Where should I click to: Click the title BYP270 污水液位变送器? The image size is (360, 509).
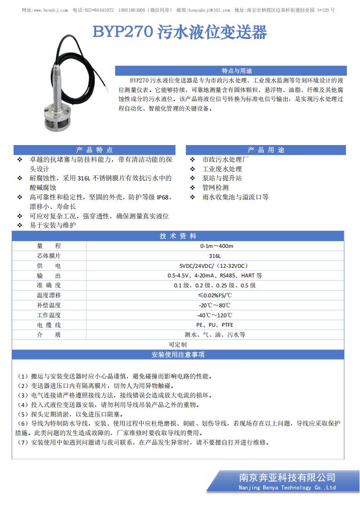pyautogui.click(x=180, y=32)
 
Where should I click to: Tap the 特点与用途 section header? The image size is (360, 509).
pyautogui.click(x=231, y=71)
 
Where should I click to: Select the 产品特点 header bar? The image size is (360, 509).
pyautogui.click(x=94, y=150)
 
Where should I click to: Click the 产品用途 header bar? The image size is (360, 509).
pyautogui.click(x=266, y=150)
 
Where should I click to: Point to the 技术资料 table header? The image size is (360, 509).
pyautogui.click(x=178, y=236)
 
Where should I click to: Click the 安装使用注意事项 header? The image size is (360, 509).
pyautogui.click(x=178, y=354)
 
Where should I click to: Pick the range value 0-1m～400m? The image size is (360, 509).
pyautogui.click(x=216, y=246)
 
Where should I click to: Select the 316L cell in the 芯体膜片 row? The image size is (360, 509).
pyautogui.click(x=216, y=256)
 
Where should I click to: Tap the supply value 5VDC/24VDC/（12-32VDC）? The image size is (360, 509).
pyautogui.click(x=216, y=266)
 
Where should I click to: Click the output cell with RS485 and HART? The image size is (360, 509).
pyautogui.click(x=216, y=276)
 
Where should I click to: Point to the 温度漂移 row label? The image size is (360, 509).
pyautogui.click(x=49, y=296)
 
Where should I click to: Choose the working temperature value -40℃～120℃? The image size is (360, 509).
pyautogui.click(x=216, y=315)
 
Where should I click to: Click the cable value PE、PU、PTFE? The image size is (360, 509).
pyautogui.click(x=216, y=325)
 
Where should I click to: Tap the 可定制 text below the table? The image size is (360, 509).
pyautogui.click(x=178, y=344)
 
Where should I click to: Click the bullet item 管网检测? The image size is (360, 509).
pyautogui.click(x=215, y=188)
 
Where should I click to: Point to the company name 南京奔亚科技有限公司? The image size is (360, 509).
pyautogui.click(x=287, y=477)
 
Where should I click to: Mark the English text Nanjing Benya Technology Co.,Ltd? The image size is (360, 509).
pyautogui.click(x=287, y=488)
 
